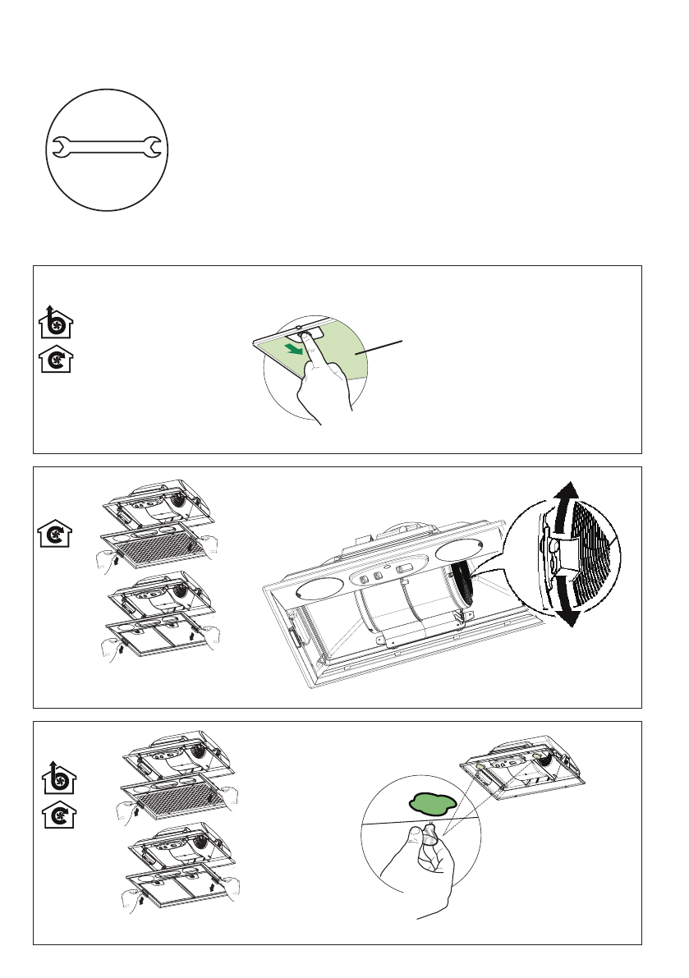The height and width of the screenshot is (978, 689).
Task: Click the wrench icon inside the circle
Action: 108,148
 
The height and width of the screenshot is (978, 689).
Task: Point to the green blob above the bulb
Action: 432,801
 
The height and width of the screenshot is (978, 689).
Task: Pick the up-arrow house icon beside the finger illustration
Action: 55,323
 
